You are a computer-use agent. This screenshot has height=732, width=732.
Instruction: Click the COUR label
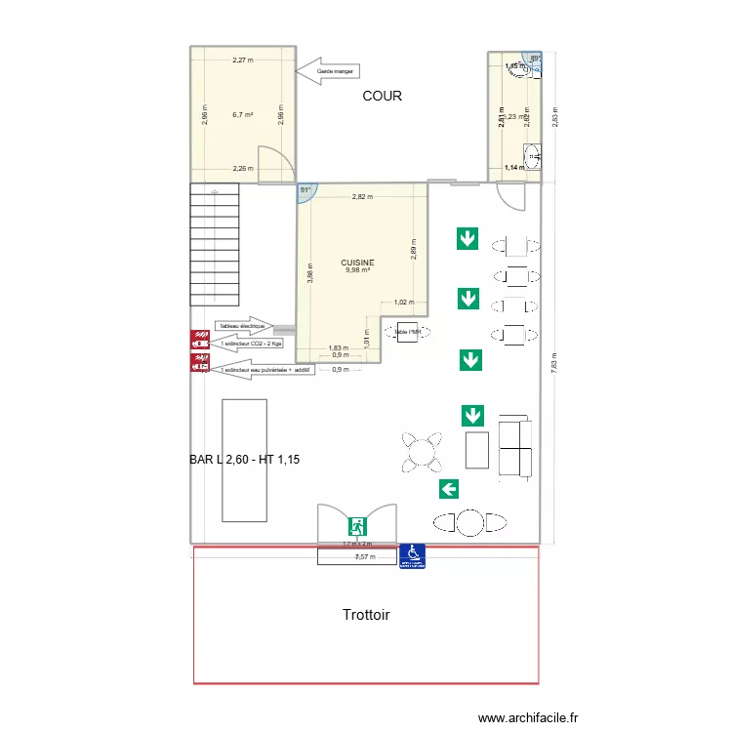(383, 96)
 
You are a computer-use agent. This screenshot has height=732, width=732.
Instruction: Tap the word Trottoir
(366, 615)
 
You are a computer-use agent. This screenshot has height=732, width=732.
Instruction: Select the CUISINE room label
(357, 263)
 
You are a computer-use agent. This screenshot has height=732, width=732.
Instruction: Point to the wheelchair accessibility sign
(412, 555)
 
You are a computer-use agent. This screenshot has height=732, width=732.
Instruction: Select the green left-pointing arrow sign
(449, 489)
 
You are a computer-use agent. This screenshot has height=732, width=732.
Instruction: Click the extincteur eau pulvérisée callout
(264, 370)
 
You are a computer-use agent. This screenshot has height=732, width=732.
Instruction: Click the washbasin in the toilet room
(532, 156)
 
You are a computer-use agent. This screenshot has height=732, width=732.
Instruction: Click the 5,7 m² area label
(243, 115)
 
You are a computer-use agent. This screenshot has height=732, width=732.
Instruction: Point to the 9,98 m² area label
(357, 271)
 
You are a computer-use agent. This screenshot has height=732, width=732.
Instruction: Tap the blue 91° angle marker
(306, 192)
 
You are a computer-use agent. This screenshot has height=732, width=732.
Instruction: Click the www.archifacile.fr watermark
(527, 717)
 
